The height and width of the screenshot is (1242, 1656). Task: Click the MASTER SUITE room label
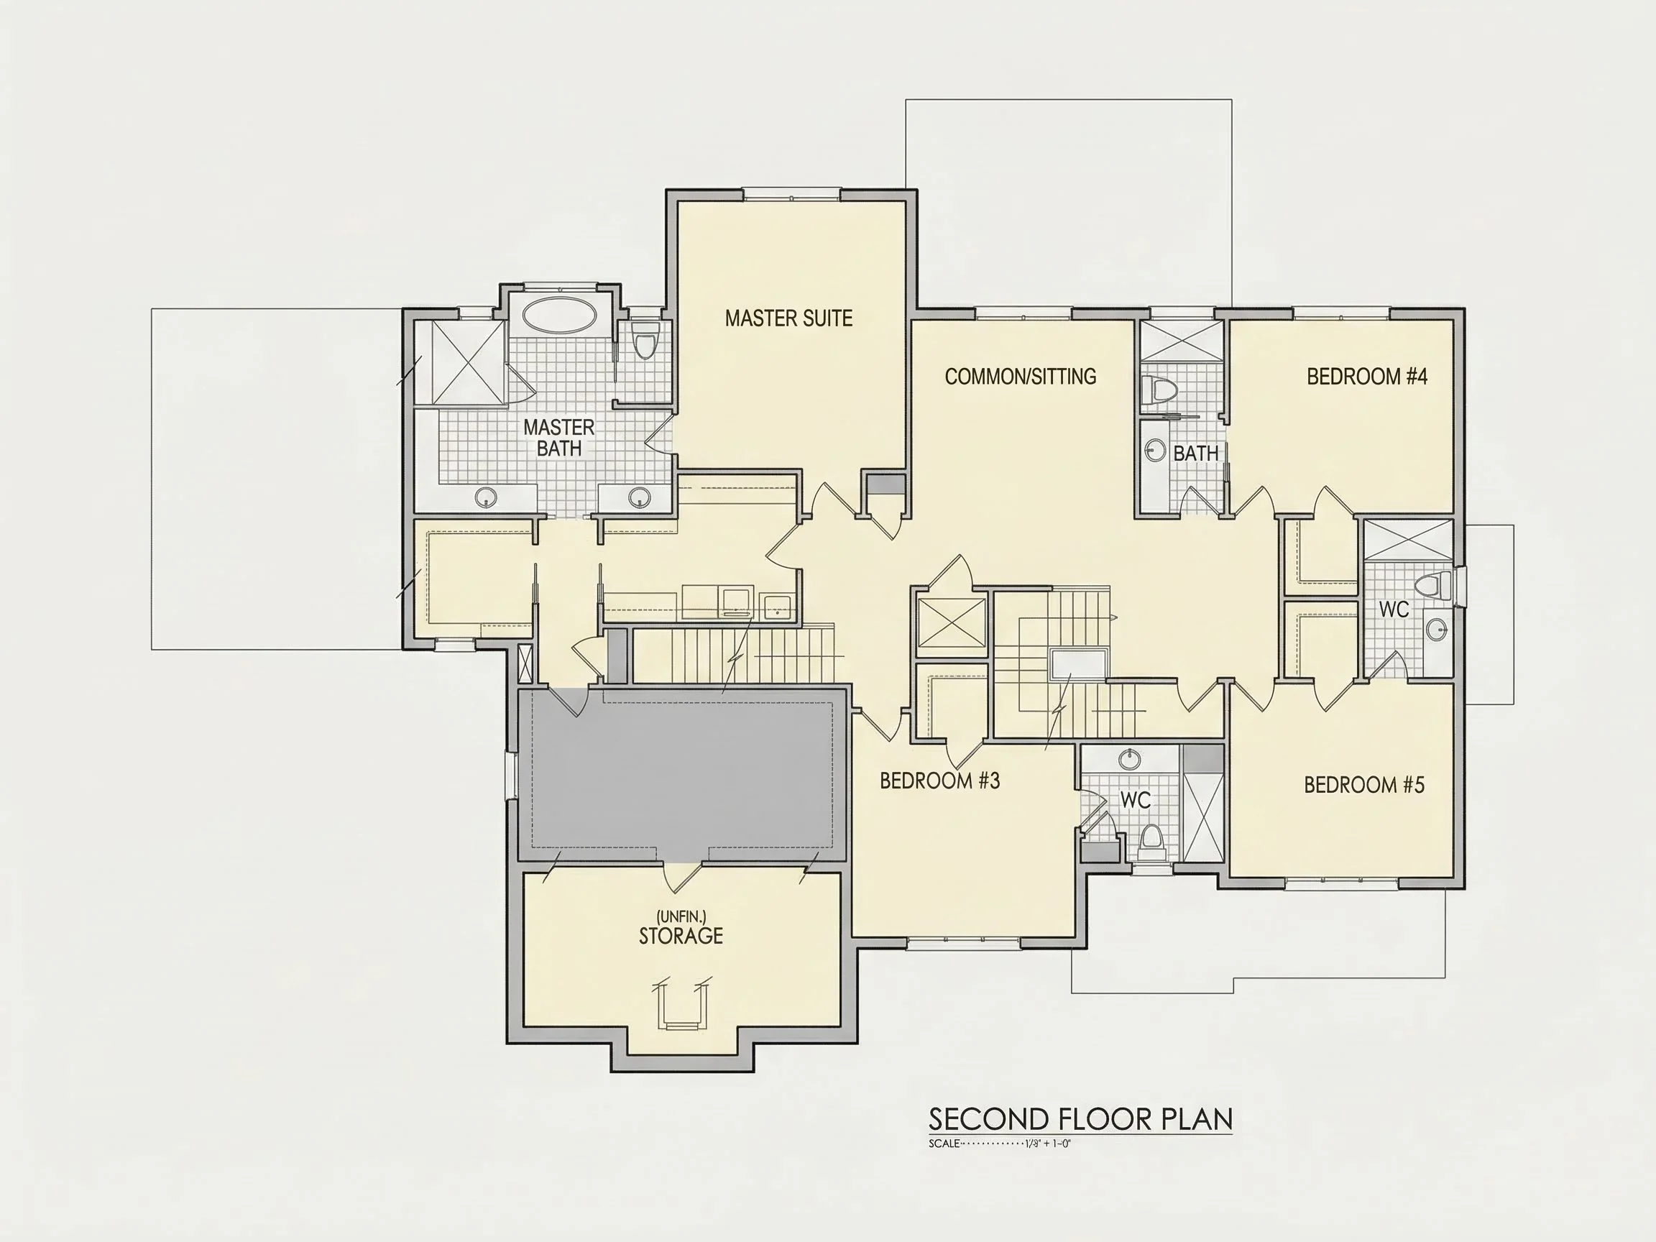(x=788, y=318)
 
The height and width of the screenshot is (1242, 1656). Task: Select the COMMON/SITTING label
(x=1021, y=377)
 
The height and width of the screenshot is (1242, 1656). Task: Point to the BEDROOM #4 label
(x=1367, y=377)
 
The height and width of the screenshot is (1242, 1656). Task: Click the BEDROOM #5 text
(x=1364, y=785)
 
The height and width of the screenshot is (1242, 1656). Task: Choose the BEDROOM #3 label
(x=939, y=781)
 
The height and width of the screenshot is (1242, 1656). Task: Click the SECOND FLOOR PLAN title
(x=1080, y=1119)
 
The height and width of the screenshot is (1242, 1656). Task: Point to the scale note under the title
(x=1000, y=1144)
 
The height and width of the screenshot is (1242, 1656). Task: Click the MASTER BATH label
(x=559, y=438)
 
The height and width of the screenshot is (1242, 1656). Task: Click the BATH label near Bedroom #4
(x=1195, y=453)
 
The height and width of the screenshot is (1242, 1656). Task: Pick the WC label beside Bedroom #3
(x=1135, y=800)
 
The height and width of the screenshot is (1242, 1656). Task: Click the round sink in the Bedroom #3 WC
(x=1130, y=760)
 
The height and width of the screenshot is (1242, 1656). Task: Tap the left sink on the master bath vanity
(x=486, y=497)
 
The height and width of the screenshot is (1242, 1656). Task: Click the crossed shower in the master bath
(x=459, y=362)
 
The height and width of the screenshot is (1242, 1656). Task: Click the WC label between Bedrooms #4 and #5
(x=1394, y=609)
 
